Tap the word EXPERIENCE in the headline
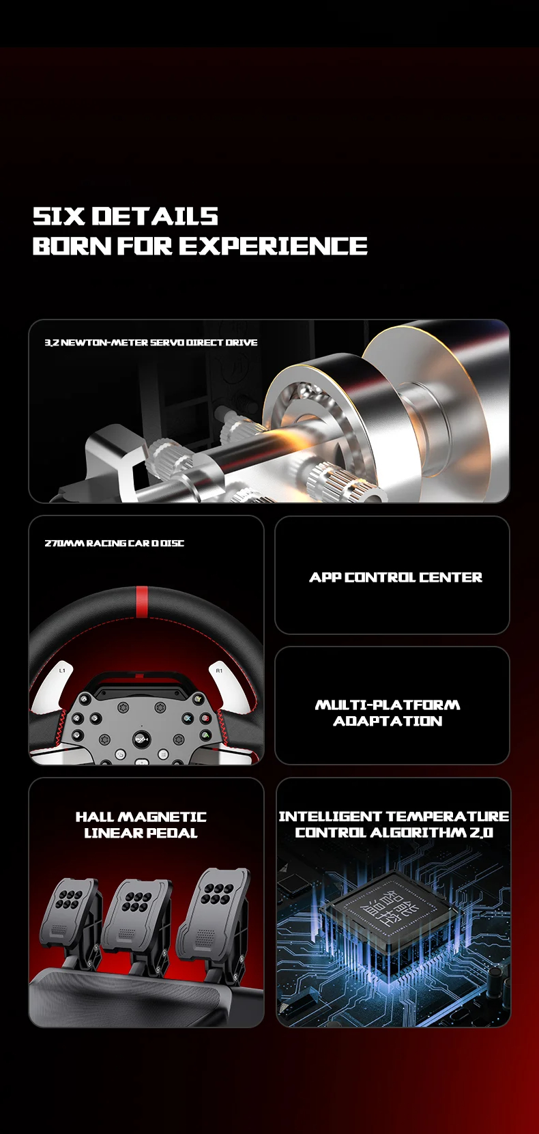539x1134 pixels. (274, 246)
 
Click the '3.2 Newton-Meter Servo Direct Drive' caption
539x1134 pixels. (151, 343)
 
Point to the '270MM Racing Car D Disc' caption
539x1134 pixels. (115, 543)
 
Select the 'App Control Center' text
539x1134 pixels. (396, 577)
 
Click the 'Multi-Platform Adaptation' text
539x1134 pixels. (388, 713)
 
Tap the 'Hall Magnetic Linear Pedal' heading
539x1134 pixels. (141, 825)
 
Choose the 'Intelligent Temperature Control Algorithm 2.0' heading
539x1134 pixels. (394, 824)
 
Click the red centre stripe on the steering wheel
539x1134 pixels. (142, 602)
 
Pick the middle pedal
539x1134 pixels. (136, 916)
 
